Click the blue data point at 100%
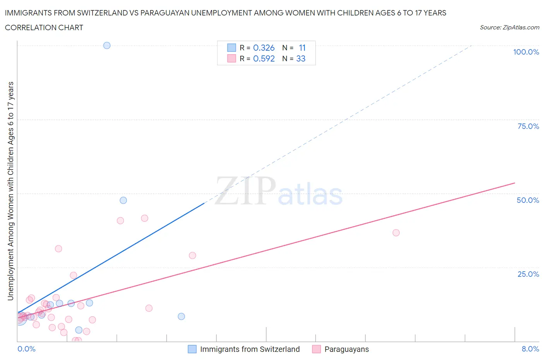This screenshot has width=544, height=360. coord(107,45)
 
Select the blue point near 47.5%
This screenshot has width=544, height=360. coord(123,200)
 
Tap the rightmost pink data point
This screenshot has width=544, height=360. coord(396,233)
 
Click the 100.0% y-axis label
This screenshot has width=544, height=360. coord(526,52)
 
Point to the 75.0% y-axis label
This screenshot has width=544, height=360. coord(528,126)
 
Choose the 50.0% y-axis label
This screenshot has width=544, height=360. coord(528,200)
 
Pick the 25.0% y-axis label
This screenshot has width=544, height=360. coord(528,274)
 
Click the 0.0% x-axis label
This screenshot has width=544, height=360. coord(26,349)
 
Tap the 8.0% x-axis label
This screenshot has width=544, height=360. coord(530,349)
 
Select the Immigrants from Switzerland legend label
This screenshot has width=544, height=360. coord(250,349)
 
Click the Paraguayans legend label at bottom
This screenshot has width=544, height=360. coord(346,349)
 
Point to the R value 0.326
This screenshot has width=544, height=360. coord(264,48)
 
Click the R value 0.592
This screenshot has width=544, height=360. coord(264,58)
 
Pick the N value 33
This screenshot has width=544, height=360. coord(301,58)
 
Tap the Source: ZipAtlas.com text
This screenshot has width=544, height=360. coord(509,27)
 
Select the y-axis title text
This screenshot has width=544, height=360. coord(10,191)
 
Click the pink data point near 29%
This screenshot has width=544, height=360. coord(192,255)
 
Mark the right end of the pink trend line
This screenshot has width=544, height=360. coord(515,183)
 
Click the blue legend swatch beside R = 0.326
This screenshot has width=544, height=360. coord(231,48)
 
